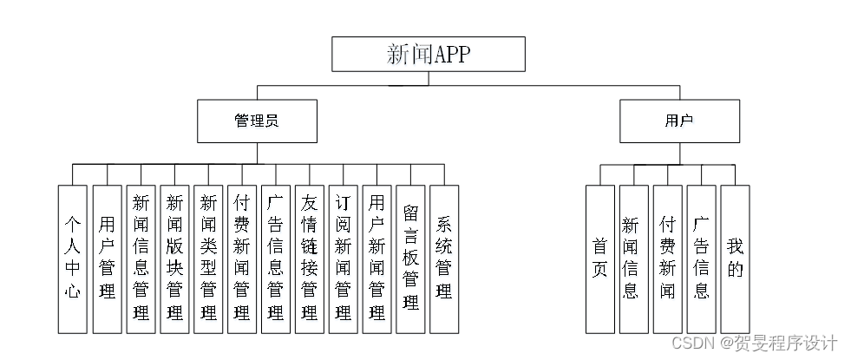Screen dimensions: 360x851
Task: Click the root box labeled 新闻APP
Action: [x=429, y=55]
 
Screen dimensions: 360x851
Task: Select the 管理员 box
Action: [x=256, y=121]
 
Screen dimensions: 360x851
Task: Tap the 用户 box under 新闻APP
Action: [x=679, y=121]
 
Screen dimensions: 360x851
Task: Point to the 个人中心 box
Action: [x=73, y=259]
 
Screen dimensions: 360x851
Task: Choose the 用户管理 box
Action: [x=107, y=259]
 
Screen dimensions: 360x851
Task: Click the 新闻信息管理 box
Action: [x=141, y=259]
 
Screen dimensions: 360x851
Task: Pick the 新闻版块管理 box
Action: [x=174, y=259]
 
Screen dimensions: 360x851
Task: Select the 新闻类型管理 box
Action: [x=208, y=259]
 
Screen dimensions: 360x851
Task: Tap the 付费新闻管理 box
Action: [x=242, y=259]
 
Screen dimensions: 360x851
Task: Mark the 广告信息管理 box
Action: [x=276, y=259]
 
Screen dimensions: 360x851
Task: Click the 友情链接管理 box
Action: [x=310, y=259]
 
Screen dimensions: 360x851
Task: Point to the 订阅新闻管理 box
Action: [x=344, y=259]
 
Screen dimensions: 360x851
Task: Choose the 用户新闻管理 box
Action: [x=377, y=259]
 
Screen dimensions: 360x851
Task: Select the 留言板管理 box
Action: [x=411, y=259]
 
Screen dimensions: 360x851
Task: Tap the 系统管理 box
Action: [x=444, y=259]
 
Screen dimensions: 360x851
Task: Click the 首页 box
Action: [x=599, y=259]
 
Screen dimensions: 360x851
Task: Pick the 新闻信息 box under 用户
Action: [x=633, y=259]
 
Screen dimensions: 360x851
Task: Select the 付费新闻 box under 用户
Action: [x=667, y=259]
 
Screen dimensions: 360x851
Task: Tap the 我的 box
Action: [x=735, y=259]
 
